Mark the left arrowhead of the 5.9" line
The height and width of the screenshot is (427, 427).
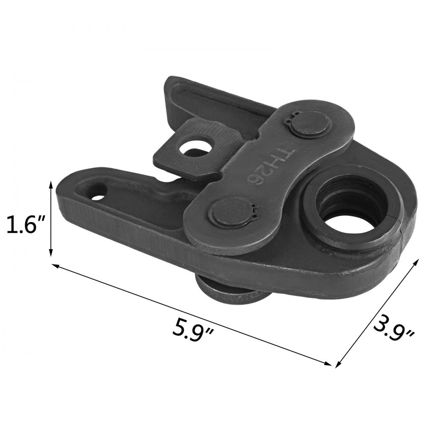pyautogui.click(x=54, y=266)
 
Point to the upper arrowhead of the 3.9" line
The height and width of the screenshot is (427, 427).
pyautogui.click(x=417, y=260)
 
